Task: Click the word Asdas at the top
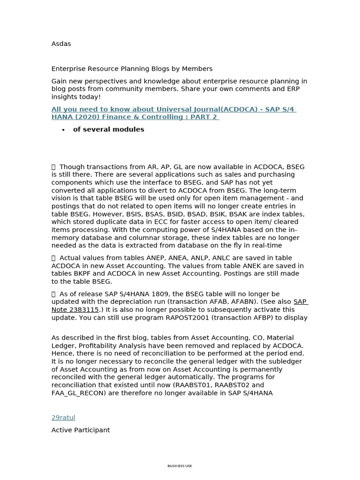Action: pos(61,44)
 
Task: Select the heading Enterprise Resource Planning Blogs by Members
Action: pos(132,69)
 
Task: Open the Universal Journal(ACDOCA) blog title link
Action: pos(173,113)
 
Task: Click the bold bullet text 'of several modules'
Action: pos(108,129)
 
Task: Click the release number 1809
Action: pos(160,294)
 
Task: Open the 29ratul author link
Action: pos(63,418)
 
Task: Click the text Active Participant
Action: pos(81,430)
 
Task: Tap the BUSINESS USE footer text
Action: pos(180,466)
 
